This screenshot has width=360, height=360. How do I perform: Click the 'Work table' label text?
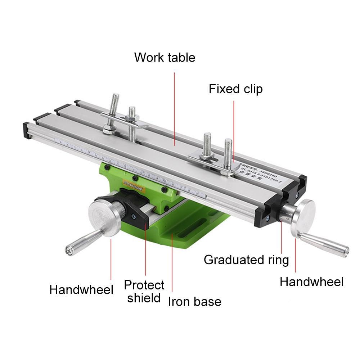[x=165, y=58]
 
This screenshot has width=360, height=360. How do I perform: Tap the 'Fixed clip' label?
[x=235, y=89]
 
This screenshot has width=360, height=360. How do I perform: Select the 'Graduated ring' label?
[x=246, y=260]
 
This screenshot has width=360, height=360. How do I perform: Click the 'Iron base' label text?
[x=194, y=301]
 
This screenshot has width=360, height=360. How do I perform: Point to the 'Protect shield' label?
[x=144, y=291]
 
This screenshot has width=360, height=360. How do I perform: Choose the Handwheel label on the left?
[x=81, y=289]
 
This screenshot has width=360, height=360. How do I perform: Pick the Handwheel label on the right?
[x=311, y=282]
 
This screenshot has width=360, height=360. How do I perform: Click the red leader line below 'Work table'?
[x=175, y=108]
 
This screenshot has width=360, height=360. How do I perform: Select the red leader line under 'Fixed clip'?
[x=234, y=130]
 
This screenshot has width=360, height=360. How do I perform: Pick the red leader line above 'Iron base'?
[x=172, y=263]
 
